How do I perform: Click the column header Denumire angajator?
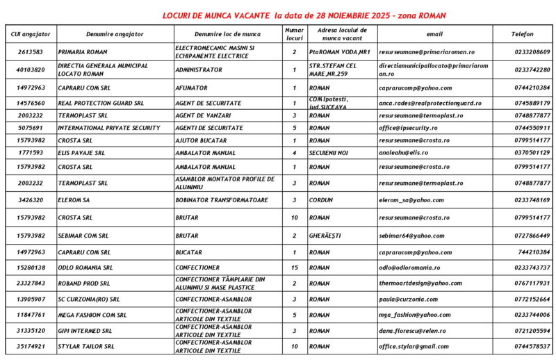point(115,33)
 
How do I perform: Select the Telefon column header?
point(522,33)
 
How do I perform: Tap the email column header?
point(434,33)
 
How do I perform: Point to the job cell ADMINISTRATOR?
point(199,69)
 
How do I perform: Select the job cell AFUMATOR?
point(191,88)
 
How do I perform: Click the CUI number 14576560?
point(31,103)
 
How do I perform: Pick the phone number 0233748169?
point(532,199)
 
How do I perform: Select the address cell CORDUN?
point(321,199)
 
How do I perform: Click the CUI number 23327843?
point(31,283)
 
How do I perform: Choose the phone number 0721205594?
point(532,331)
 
